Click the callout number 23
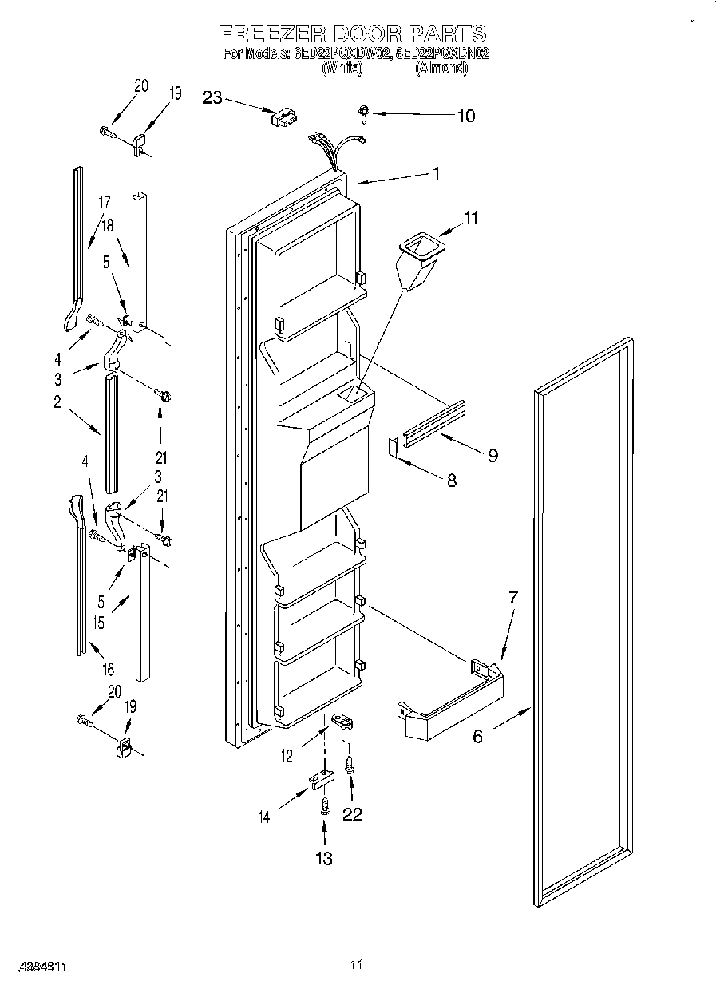click(212, 97)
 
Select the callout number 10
click(465, 116)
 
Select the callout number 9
click(492, 455)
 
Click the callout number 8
click(452, 481)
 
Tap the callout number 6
click(477, 736)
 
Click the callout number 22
click(352, 814)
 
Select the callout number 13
click(323, 858)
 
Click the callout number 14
click(264, 817)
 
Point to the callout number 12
click(286, 754)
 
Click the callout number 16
click(109, 669)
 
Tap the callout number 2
click(57, 402)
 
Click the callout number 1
click(436, 172)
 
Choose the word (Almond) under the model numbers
click(441, 69)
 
